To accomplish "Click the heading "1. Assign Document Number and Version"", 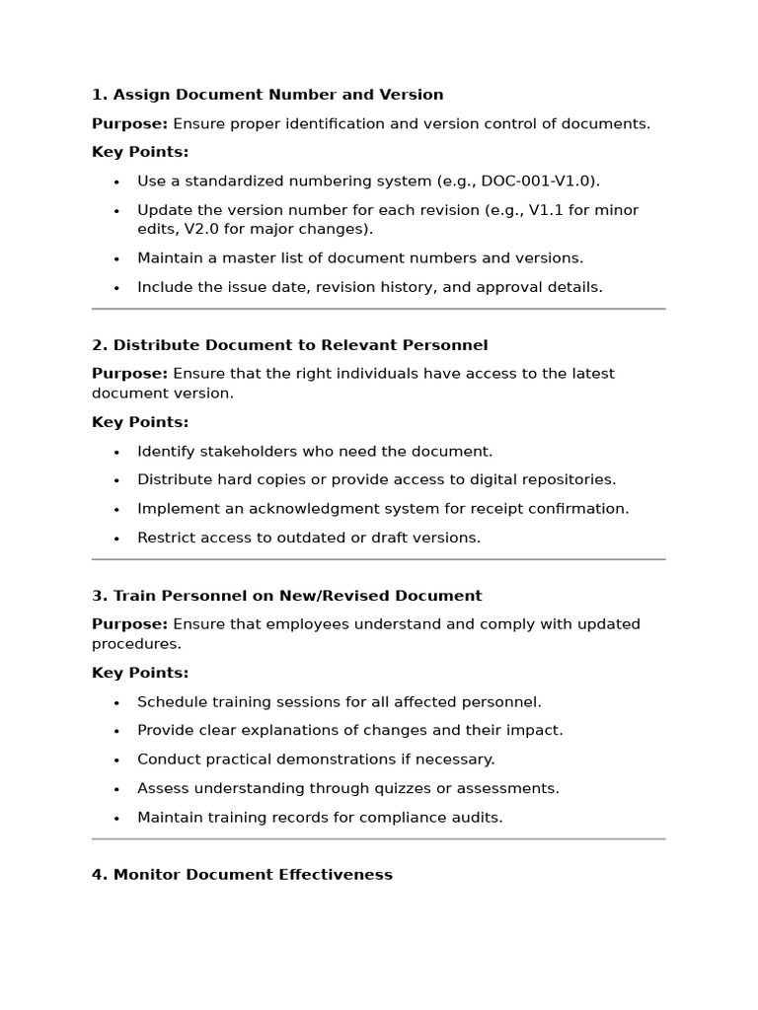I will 267,95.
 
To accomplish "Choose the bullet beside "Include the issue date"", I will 116,288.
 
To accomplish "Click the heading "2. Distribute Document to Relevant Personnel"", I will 289,345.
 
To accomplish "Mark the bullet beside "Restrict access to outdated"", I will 116,539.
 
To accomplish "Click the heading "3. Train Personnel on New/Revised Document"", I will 286,596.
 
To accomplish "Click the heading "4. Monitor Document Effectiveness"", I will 242,875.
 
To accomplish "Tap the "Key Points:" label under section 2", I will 140,422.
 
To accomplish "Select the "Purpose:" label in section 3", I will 129,624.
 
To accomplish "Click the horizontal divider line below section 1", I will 379,309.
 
